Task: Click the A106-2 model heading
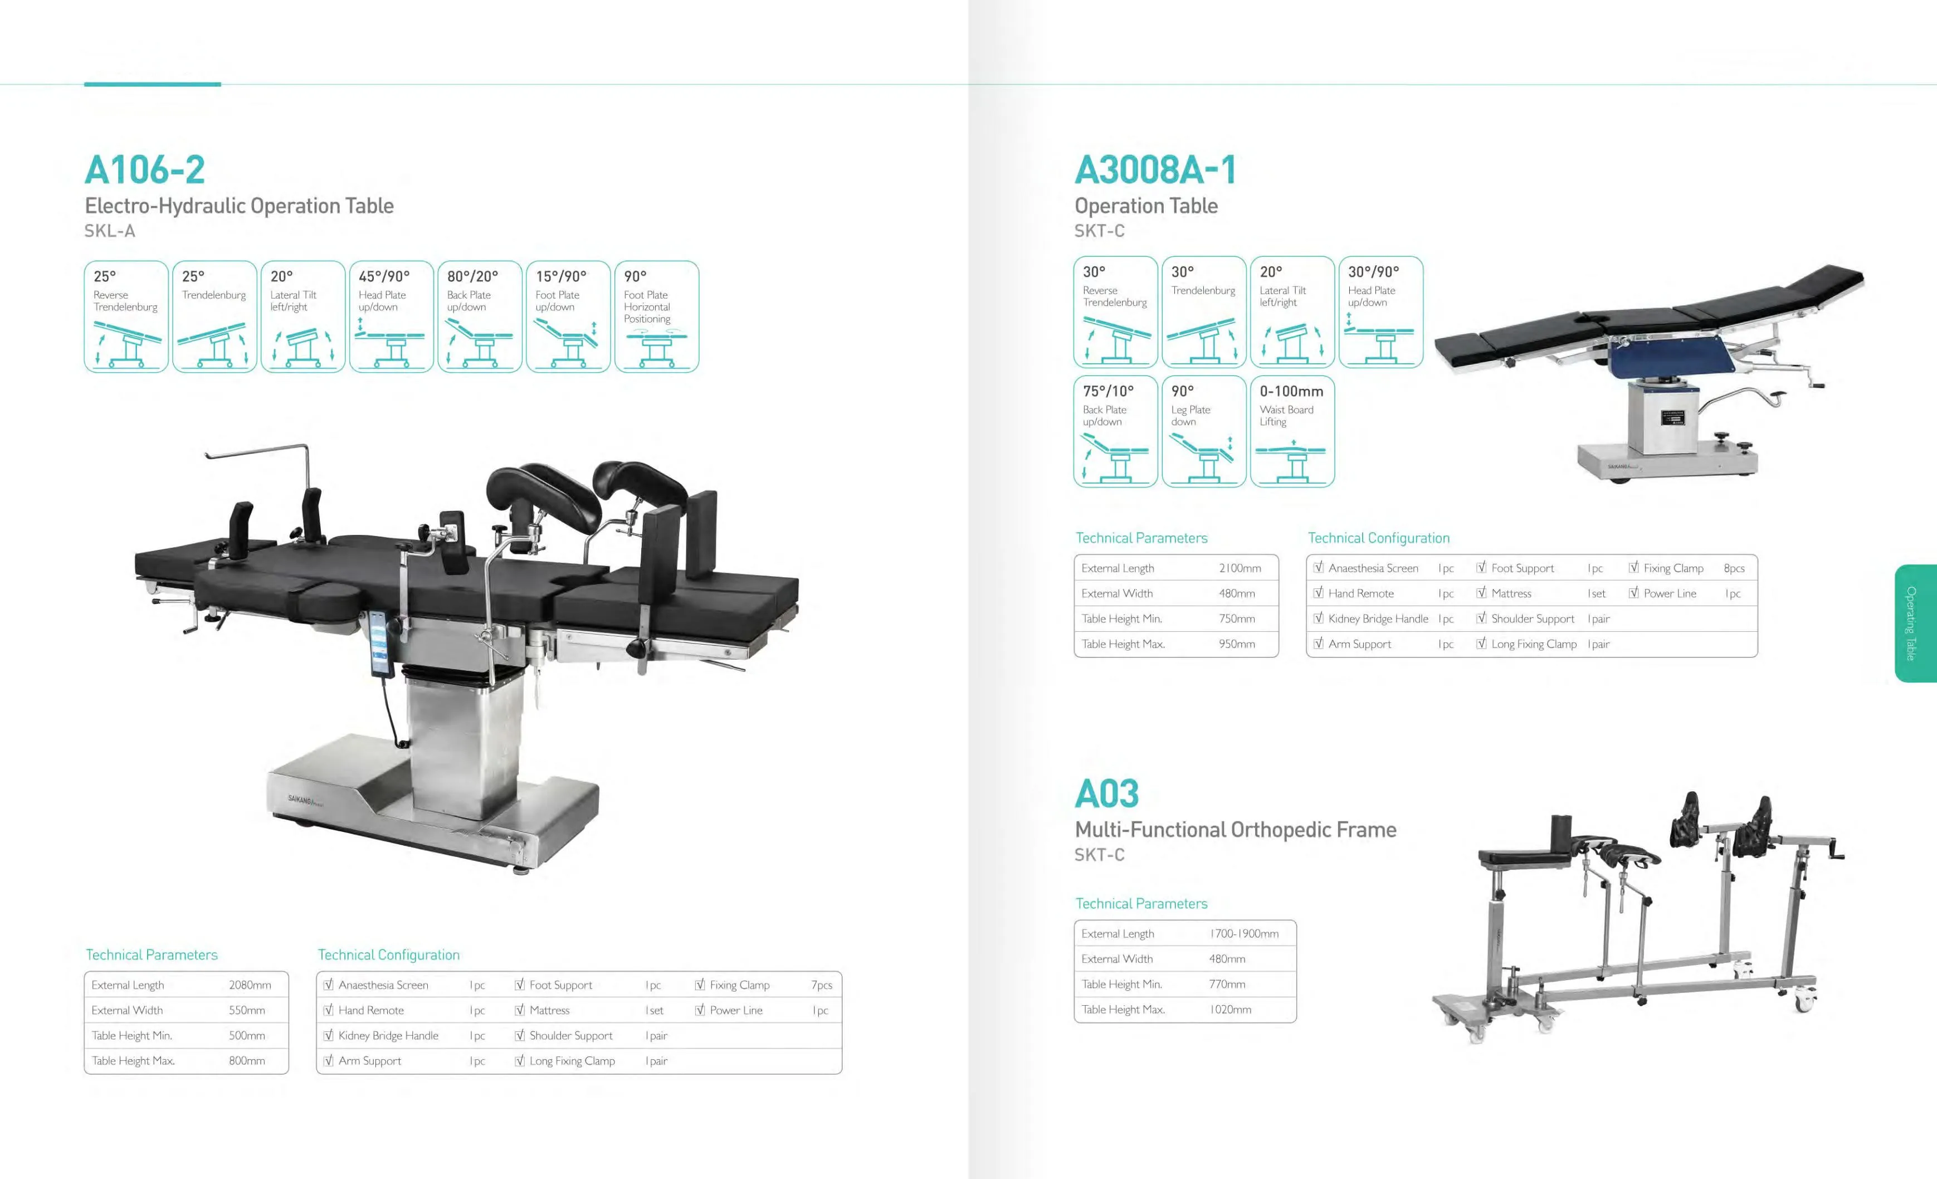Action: click(145, 170)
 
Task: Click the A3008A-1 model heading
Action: click(1155, 170)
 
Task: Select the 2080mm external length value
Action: click(250, 985)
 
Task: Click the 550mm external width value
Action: click(247, 1010)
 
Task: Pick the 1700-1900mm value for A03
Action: click(1245, 934)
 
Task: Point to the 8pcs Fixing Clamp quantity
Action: click(1734, 568)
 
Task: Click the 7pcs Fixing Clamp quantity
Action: click(822, 985)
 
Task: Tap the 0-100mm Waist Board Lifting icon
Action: click(1291, 431)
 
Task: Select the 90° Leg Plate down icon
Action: click(1203, 431)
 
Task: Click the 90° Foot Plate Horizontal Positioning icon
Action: click(656, 316)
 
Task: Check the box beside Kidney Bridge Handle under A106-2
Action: click(329, 1035)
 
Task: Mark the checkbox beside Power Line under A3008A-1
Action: click(1633, 593)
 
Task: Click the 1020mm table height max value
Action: click(1230, 1009)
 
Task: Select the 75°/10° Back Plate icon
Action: click(1115, 431)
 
